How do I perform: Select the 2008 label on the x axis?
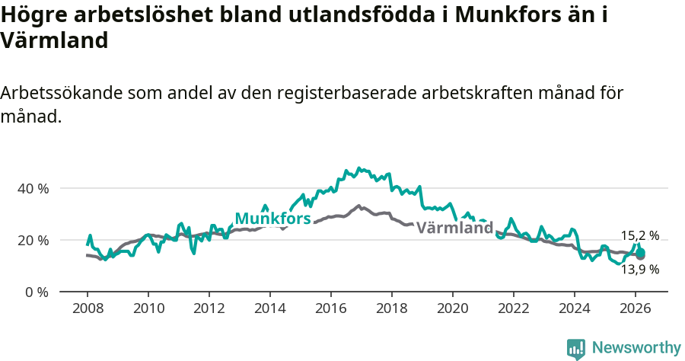click(87, 308)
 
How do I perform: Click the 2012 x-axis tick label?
click(209, 308)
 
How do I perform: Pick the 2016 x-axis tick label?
click(330, 308)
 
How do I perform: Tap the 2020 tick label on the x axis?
click(452, 308)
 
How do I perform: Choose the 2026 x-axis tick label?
click(635, 308)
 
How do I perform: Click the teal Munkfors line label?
click(272, 219)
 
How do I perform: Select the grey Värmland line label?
click(455, 227)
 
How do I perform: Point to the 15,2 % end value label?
click(640, 235)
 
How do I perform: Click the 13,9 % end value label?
click(640, 269)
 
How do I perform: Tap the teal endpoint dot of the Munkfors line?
click(641, 252)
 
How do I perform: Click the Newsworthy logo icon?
click(576, 348)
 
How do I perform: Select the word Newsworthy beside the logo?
click(636, 348)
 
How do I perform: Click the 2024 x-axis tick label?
click(574, 308)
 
